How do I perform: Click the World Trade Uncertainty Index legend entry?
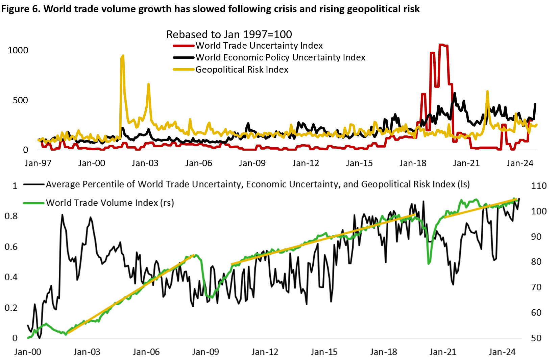259,46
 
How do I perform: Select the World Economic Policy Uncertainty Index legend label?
280,57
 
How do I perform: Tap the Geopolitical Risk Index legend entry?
242,70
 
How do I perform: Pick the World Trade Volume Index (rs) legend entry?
110,203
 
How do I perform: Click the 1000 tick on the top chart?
18,50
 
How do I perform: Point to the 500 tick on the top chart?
20,100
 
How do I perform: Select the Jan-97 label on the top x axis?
38,163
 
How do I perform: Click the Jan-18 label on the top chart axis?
413,163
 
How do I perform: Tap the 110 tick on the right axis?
539,186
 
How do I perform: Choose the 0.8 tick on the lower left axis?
11,216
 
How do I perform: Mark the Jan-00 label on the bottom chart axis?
28,352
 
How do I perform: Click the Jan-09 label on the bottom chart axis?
205,352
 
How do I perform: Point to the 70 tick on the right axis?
536,287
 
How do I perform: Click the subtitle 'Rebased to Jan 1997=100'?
229,34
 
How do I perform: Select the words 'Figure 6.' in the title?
21,9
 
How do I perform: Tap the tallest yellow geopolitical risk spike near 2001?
123,56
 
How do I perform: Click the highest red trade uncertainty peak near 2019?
441,45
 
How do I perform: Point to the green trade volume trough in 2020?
429,263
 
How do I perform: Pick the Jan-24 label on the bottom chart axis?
502,352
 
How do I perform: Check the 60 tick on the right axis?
536,312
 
